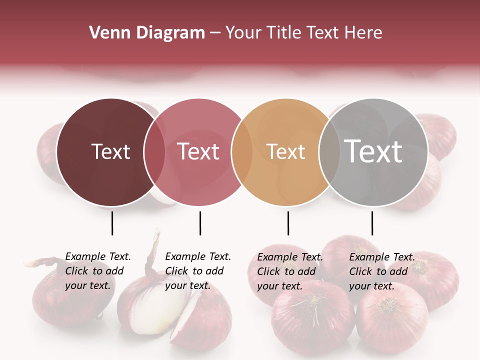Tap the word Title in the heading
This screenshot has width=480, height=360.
[x=282, y=32]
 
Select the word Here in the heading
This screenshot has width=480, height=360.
[x=364, y=32]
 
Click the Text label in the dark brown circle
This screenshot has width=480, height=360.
[x=110, y=151]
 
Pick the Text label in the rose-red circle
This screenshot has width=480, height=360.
[x=198, y=151]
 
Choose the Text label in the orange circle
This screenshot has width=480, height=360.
[x=285, y=151]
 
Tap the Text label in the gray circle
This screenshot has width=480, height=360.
[x=373, y=151]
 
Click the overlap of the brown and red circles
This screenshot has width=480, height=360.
[x=154, y=152]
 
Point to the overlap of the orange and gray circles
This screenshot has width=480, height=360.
[x=329, y=152]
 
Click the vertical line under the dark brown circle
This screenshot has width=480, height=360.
[x=112, y=223]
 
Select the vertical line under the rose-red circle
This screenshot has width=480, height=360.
[x=200, y=223]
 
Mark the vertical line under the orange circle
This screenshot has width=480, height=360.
[x=288, y=223]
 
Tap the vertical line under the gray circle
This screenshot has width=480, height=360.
[x=372, y=223]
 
